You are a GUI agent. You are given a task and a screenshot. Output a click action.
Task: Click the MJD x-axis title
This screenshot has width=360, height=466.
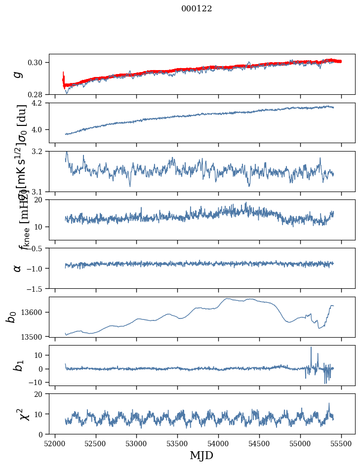coord(201,455)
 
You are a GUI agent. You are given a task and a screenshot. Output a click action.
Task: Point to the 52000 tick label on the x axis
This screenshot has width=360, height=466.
coord(54,443)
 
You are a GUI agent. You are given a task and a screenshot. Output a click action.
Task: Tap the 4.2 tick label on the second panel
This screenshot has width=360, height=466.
coord(40,103)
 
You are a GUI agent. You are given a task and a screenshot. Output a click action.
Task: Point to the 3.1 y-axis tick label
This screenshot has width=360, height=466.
coord(40,192)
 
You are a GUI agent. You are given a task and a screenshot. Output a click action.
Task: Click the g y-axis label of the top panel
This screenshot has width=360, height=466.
coord(18,74)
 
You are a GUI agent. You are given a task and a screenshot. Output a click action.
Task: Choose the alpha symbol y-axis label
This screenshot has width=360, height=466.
coord(18,268)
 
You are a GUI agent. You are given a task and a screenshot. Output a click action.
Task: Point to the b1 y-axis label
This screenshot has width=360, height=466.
coord(18,365)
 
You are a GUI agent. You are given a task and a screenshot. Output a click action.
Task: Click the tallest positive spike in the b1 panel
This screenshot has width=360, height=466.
coord(311,348)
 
